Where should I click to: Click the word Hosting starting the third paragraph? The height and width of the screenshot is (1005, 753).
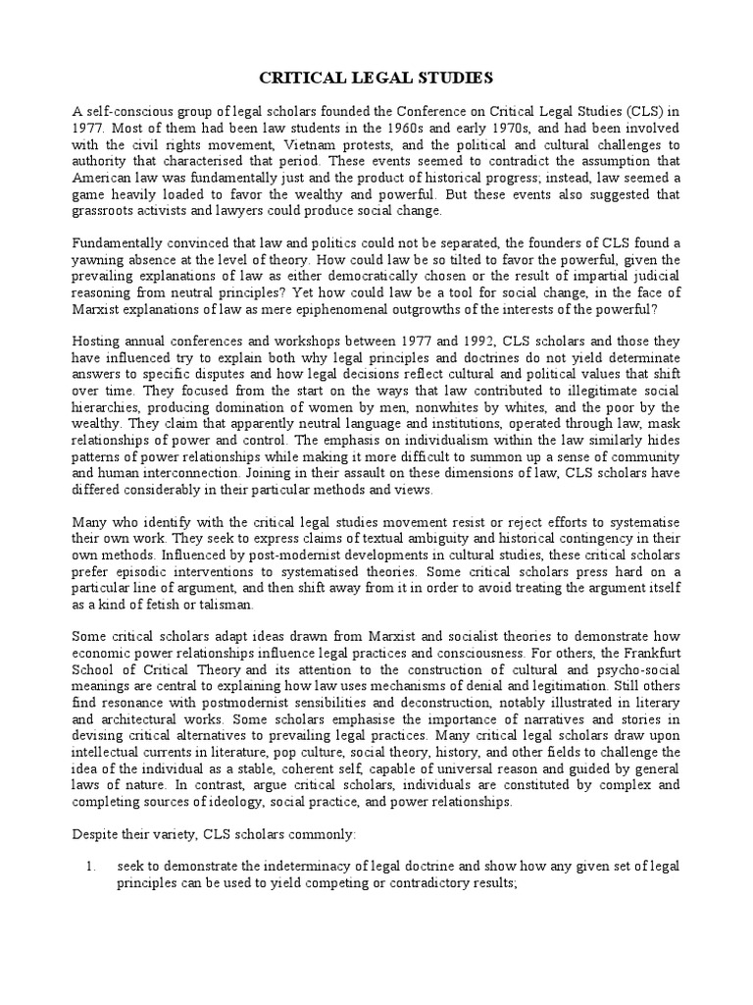[98, 342]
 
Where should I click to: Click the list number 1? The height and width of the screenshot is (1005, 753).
[90, 868]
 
